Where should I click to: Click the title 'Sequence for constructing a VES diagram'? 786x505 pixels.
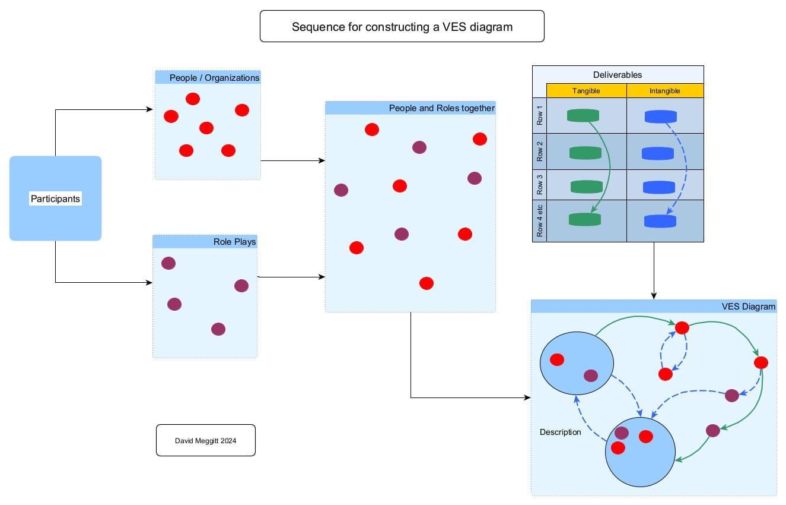(402, 27)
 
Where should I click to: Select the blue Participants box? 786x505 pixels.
(55, 198)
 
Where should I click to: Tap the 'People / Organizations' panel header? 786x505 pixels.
(208, 77)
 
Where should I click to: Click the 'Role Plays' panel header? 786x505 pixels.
(205, 242)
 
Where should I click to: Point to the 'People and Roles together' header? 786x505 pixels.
(410, 108)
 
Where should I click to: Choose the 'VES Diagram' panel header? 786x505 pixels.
(654, 307)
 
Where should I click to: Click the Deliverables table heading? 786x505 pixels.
(618, 75)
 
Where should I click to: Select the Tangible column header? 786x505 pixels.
(586, 91)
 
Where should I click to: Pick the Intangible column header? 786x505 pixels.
(665, 91)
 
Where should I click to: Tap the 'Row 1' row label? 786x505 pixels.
(540, 115)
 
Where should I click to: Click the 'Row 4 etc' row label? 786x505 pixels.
(540, 221)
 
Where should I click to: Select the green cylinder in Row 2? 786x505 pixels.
(585, 153)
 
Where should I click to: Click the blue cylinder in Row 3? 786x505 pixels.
(659, 187)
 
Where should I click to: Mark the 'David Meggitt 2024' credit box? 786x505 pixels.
(206, 440)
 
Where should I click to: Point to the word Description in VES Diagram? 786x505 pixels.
(561, 432)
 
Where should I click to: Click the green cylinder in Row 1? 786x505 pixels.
(583, 115)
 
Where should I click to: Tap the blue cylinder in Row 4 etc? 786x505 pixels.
(660, 221)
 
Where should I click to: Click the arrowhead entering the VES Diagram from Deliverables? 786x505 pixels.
(654, 296)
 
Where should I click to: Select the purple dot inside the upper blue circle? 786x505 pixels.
(591, 375)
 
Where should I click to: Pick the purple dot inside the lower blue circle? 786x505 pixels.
(622, 433)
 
